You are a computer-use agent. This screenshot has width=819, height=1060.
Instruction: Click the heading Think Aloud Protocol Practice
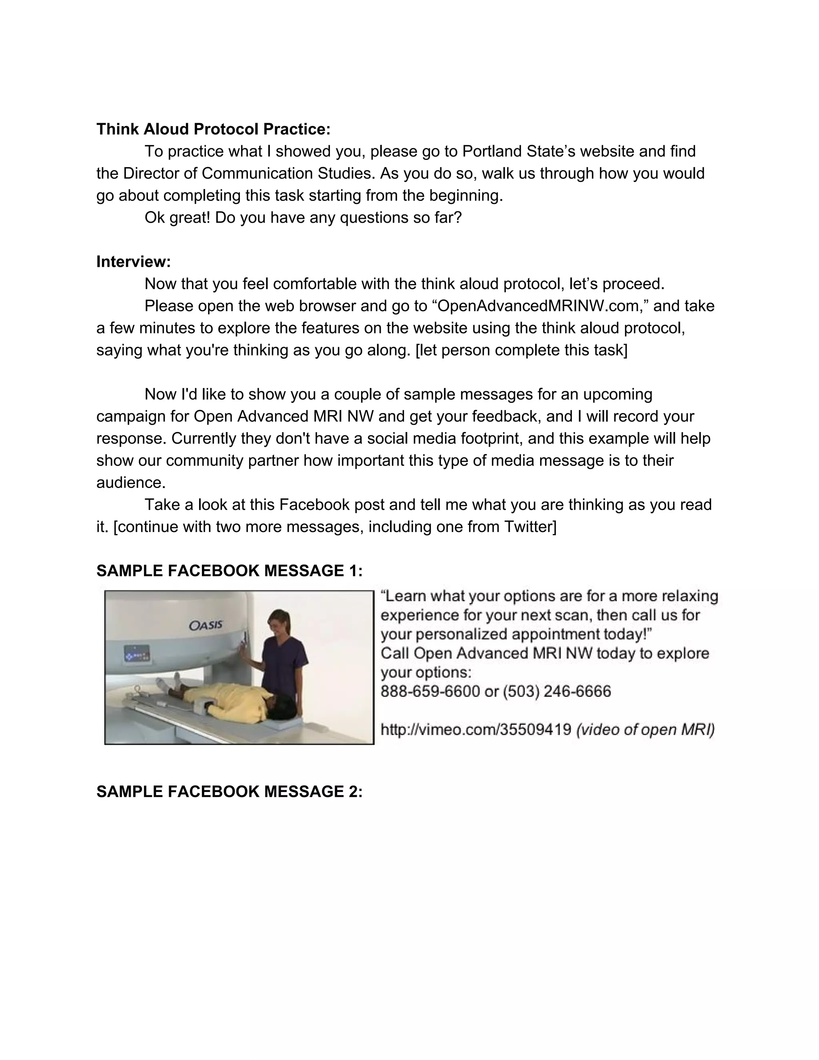click(x=213, y=129)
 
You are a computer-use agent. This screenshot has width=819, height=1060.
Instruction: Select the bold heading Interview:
click(x=134, y=262)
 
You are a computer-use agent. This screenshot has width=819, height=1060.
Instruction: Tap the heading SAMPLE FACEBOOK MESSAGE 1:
click(x=229, y=571)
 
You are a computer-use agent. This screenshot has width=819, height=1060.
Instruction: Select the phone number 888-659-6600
click(x=430, y=691)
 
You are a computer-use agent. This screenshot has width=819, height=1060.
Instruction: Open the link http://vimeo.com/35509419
click(x=475, y=730)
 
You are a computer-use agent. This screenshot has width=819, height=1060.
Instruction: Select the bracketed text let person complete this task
click(x=521, y=350)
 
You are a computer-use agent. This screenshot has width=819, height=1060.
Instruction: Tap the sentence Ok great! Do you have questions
click(x=303, y=218)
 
